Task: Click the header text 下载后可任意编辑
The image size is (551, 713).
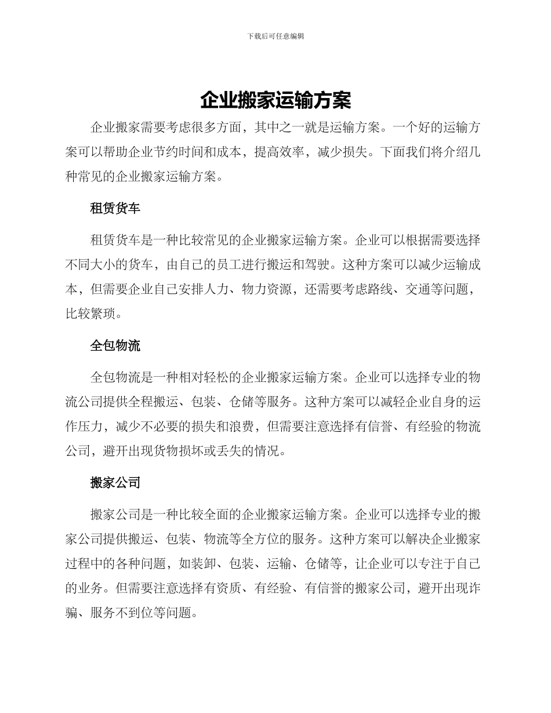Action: [275, 36]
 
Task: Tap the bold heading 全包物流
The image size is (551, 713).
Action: [115, 346]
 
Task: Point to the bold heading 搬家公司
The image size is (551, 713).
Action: [115, 483]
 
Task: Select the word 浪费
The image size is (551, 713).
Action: [242, 427]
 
